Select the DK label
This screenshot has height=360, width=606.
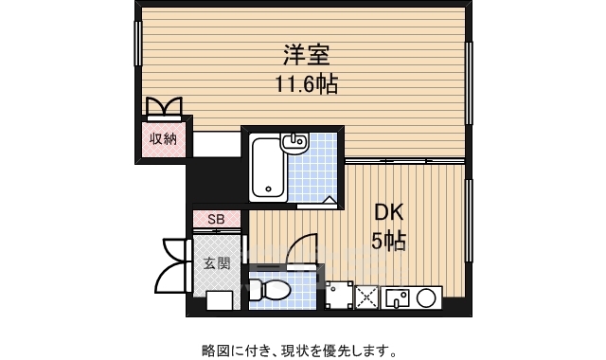pos(388,212)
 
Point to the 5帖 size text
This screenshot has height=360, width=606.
pos(388,242)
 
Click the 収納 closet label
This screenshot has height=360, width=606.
pos(163,139)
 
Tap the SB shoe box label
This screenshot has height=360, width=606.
pos(217,220)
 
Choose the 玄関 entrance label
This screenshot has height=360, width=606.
pos(217,262)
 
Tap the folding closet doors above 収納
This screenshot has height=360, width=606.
pos(163,106)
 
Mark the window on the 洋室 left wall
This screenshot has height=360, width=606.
pos(138,45)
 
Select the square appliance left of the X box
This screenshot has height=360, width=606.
pos(338,297)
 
